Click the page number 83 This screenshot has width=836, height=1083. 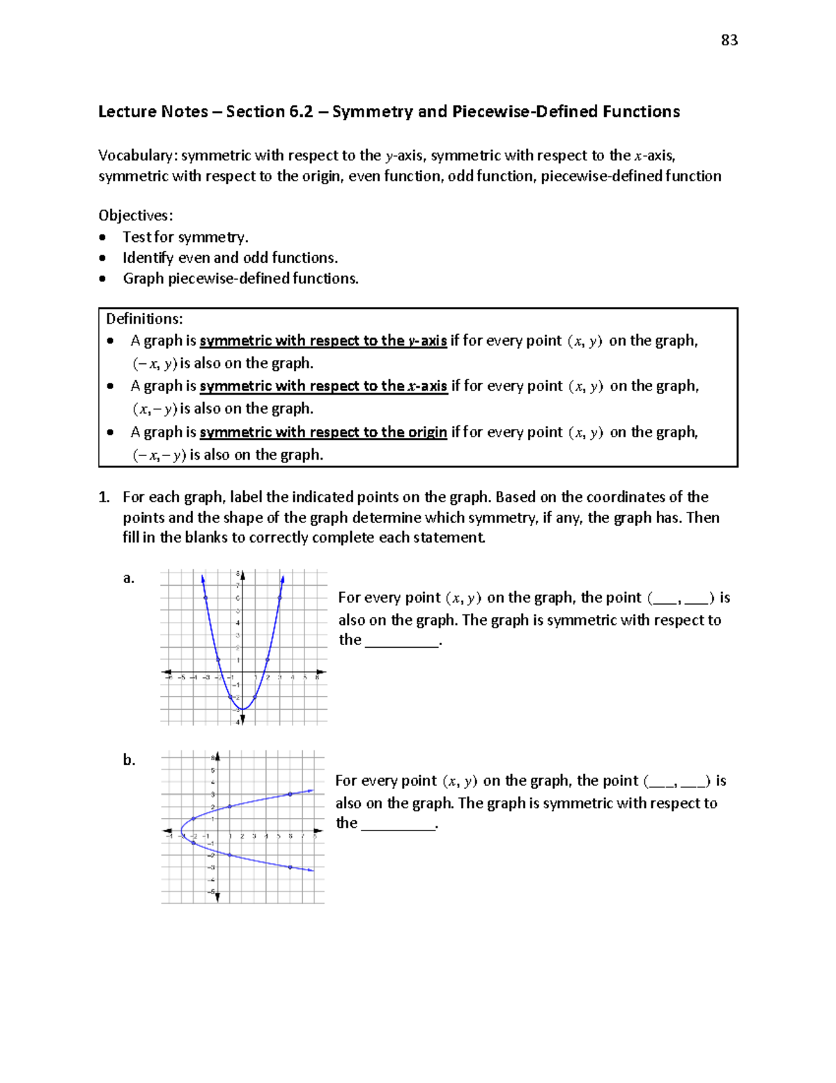point(729,40)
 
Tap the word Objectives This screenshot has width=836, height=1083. point(134,215)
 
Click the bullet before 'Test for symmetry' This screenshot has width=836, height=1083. point(103,237)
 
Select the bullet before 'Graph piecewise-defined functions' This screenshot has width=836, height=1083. point(103,279)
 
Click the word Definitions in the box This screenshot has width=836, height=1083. point(144,319)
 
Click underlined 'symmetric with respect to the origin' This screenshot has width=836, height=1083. point(323,432)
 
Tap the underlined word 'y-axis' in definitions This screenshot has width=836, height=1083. point(427,341)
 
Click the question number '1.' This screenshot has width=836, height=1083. point(104,497)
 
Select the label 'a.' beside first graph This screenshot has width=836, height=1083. point(129,578)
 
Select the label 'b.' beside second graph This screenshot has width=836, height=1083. point(129,760)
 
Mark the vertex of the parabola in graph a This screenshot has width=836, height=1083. point(242,709)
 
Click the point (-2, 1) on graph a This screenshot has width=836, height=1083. point(218,660)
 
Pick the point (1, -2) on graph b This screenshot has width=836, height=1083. point(229,855)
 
